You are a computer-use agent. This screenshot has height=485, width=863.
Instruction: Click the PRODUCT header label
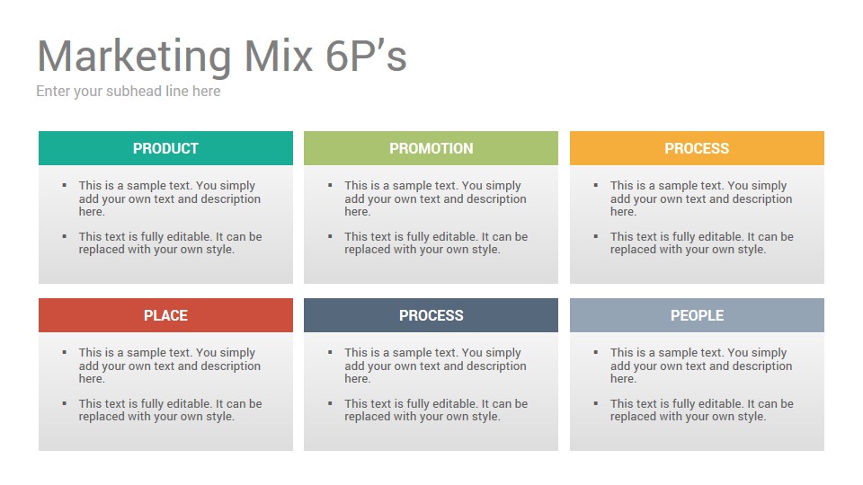(x=165, y=148)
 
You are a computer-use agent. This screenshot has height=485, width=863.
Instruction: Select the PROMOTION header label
(x=431, y=148)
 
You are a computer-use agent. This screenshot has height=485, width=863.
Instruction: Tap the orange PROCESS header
(x=697, y=148)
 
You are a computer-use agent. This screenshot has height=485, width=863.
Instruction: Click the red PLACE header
(x=165, y=315)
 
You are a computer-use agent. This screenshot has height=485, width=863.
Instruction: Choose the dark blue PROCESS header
(x=431, y=315)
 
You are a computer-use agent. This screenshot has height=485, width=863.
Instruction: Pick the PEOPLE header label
(x=697, y=315)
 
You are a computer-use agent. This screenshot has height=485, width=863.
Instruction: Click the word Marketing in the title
(x=134, y=57)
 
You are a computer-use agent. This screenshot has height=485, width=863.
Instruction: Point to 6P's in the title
(x=366, y=56)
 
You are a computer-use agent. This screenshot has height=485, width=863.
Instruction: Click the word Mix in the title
(x=279, y=56)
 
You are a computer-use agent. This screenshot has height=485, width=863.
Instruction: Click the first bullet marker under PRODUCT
(x=65, y=185)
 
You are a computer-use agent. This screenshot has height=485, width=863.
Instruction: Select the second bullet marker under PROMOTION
(x=330, y=236)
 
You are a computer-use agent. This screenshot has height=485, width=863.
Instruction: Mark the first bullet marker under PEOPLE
(x=595, y=352)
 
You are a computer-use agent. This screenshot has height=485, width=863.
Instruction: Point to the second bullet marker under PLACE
(x=65, y=403)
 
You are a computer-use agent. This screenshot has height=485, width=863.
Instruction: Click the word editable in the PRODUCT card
(x=190, y=236)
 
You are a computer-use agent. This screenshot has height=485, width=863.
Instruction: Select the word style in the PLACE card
(x=220, y=417)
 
